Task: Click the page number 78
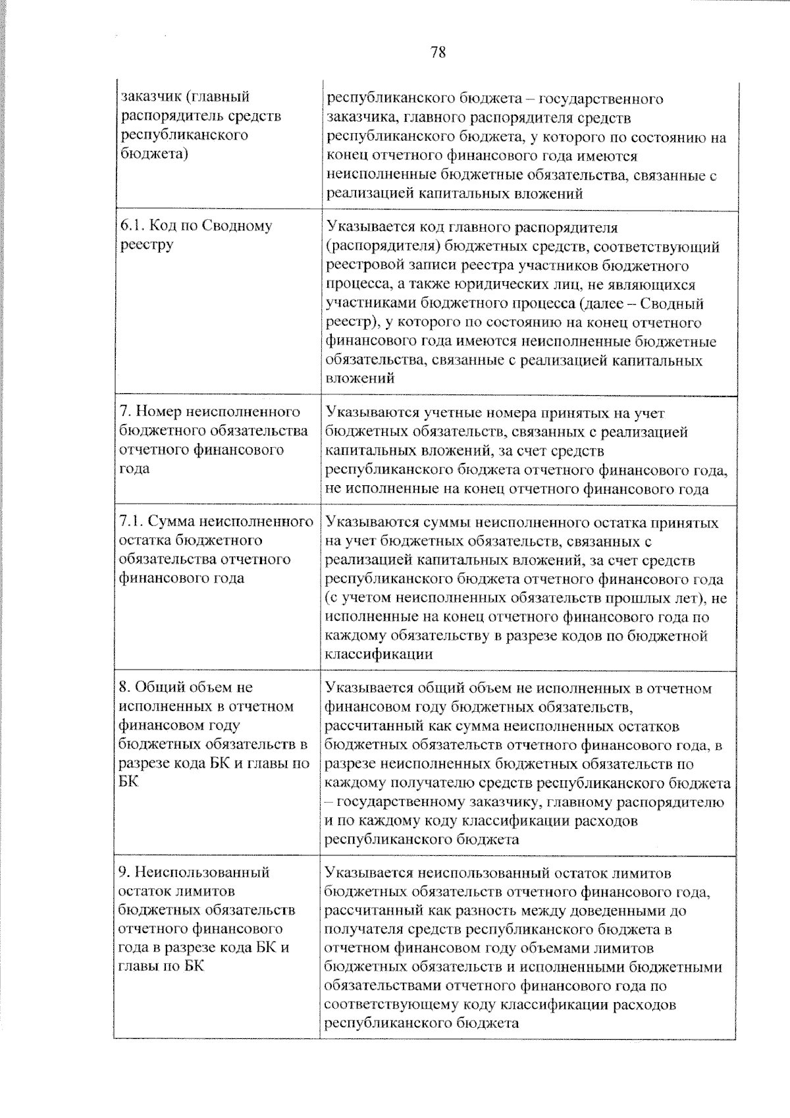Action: coord(438,53)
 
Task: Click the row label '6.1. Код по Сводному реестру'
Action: coord(196,235)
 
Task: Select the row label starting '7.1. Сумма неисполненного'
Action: coord(215,550)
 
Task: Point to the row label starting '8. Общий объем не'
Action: coord(213,734)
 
